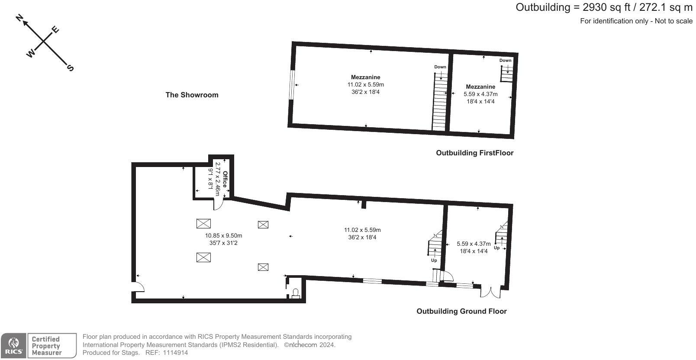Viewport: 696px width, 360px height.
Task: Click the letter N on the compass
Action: (x=19, y=18)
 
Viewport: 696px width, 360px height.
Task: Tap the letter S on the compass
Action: (x=70, y=67)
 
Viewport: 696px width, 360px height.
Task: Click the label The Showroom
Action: (x=192, y=95)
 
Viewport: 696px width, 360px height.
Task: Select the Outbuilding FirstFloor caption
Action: (x=474, y=153)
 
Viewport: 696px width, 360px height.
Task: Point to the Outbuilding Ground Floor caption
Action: (x=461, y=311)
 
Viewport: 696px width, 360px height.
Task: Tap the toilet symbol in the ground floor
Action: (x=296, y=293)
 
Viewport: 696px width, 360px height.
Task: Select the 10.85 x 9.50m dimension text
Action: (x=223, y=236)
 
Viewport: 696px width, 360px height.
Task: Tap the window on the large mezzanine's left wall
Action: (x=292, y=84)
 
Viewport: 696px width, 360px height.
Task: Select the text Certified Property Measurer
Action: (x=46, y=346)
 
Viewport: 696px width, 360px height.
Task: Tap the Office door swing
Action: (x=219, y=204)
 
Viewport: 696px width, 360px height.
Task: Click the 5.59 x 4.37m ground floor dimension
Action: (x=474, y=244)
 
